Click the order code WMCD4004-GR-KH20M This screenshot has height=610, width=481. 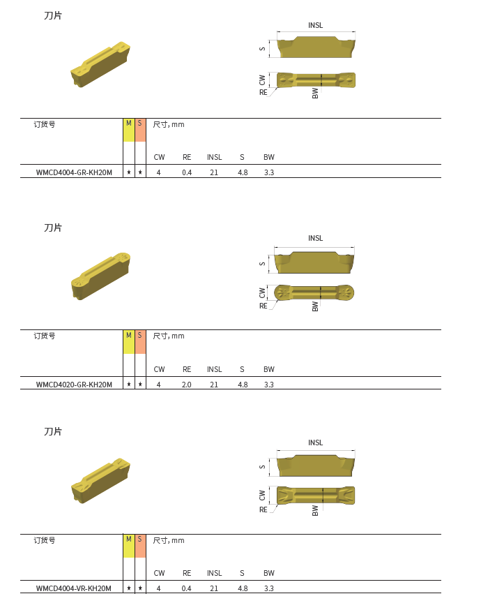coord(74,172)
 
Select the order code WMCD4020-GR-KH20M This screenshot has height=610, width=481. coord(74,385)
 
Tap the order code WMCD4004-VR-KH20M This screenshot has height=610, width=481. coord(73,588)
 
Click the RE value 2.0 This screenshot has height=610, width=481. coord(187,385)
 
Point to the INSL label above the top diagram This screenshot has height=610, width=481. coord(316,25)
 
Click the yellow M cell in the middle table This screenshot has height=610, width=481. coord(128,342)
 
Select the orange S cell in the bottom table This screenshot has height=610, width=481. coord(140,546)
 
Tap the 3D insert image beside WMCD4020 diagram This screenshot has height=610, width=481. coord(100,276)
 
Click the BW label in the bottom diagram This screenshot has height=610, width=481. coord(315,510)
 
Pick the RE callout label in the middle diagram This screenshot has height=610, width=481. coord(263,306)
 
